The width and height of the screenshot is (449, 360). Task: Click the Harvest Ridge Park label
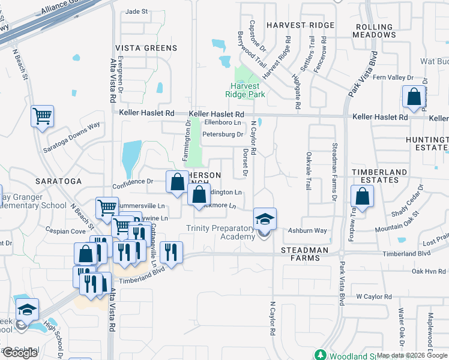[x=245, y=89]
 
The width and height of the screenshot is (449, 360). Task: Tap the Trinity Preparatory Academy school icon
[x=265, y=219]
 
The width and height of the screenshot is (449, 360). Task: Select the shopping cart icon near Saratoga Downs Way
[x=42, y=116]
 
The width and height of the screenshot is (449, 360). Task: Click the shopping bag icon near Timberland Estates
[x=362, y=196]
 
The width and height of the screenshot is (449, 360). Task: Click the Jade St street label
[x=136, y=11]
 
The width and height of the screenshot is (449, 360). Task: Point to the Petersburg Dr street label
[x=222, y=134]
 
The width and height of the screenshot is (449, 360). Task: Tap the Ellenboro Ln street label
[x=223, y=122]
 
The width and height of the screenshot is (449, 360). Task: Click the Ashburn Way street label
[x=307, y=230]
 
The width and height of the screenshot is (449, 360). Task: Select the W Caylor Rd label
[x=373, y=296]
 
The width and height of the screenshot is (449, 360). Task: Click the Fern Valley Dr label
[x=393, y=77]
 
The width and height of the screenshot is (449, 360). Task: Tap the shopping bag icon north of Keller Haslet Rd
[x=414, y=97]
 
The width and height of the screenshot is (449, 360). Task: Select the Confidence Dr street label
[x=133, y=181]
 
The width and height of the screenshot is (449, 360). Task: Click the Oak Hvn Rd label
[x=429, y=271]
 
